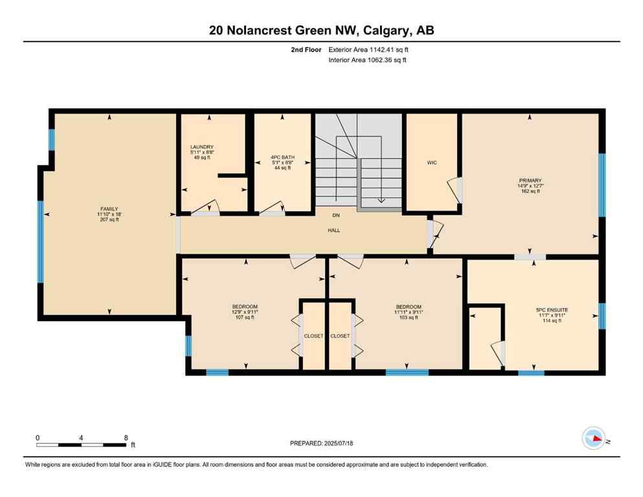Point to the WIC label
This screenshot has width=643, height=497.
[432, 162]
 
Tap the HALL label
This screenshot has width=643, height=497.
[334, 230]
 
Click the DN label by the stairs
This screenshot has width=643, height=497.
[335, 215]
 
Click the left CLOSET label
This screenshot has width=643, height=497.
[313, 336]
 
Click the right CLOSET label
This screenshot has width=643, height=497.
[340, 336]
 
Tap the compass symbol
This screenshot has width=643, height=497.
[594, 438]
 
